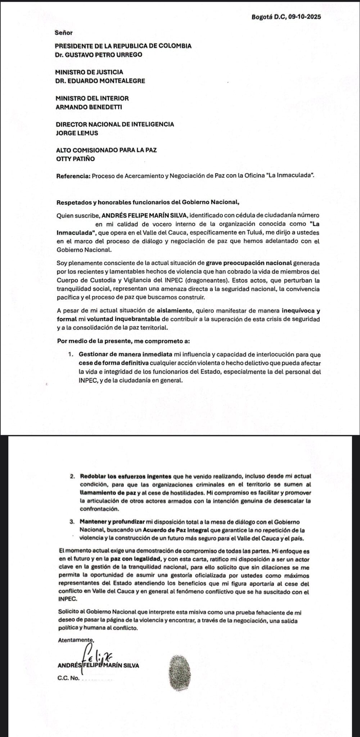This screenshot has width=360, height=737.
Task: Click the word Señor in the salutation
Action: click(64, 33)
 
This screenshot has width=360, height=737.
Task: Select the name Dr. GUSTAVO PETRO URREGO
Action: click(99, 55)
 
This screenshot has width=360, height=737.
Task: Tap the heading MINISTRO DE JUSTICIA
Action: click(89, 72)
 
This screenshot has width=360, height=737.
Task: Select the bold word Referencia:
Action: click(73, 176)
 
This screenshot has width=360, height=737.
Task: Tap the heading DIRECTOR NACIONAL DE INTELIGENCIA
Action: click(115, 124)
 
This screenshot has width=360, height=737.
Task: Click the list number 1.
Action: click(71, 355)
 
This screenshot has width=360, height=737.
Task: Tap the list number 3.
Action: click(73, 522)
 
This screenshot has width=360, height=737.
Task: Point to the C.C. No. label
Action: click(68, 679)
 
